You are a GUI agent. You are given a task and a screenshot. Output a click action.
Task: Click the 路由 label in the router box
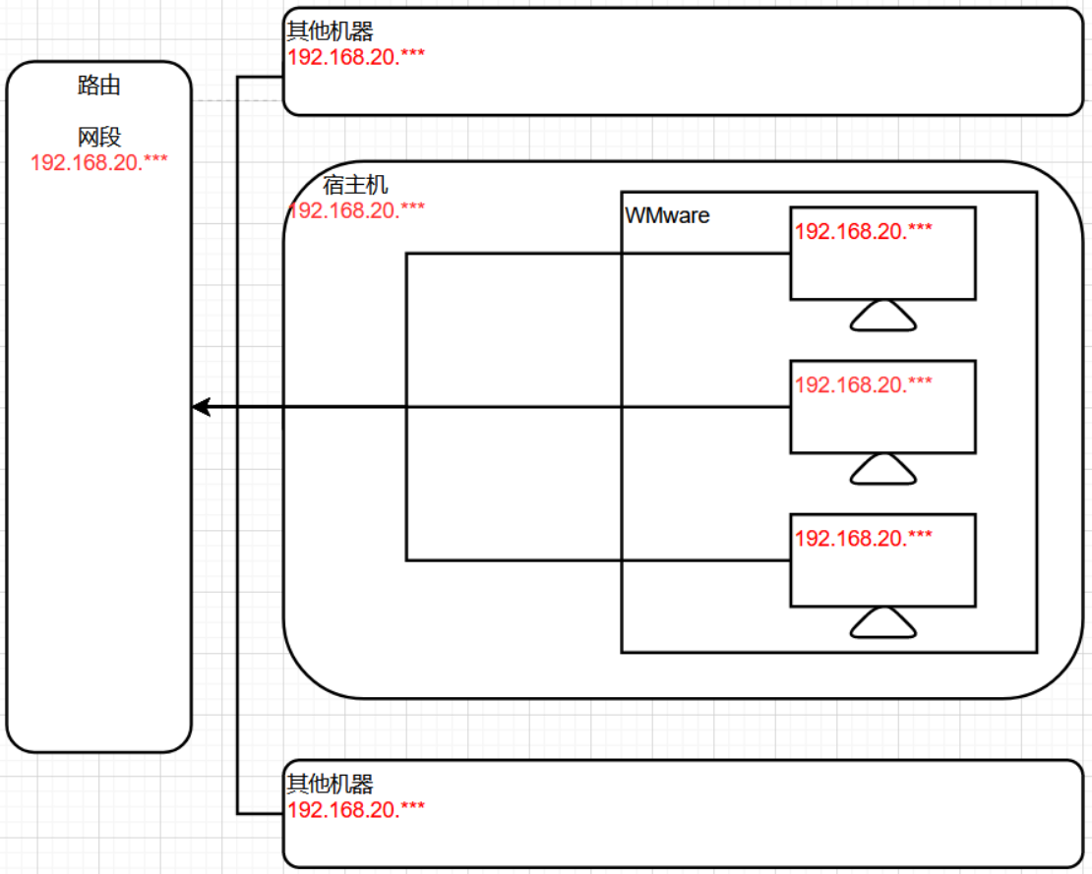pos(98,86)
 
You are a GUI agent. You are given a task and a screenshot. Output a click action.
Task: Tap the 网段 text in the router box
pos(98,137)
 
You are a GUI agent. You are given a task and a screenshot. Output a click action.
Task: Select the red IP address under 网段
pos(98,162)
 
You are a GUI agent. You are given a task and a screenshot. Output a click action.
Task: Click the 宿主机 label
pos(355,185)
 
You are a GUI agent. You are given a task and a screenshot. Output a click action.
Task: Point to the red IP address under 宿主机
pos(356,209)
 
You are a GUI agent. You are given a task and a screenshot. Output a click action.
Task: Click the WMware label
pos(667,215)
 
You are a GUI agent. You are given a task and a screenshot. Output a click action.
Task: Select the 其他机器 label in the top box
pos(330,31)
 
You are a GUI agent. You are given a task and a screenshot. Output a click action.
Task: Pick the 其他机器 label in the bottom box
pos(330,785)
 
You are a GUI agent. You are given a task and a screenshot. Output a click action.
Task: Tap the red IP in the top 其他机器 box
pos(356,56)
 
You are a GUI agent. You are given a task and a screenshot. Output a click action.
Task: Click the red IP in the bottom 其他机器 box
pos(356,809)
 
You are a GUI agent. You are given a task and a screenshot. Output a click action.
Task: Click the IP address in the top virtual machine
pos(863,231)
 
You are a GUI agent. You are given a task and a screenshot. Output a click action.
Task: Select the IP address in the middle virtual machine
pos(863,384)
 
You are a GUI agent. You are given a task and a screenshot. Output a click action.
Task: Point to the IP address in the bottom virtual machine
pos(863,538)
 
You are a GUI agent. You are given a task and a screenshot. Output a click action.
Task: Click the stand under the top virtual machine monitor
pos(882,317)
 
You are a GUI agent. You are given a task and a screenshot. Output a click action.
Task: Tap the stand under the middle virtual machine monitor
pos(882,470)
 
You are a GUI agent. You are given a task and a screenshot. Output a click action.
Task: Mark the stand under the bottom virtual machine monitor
pos(882,623)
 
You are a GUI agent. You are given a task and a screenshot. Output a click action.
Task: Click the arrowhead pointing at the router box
pos(202,407)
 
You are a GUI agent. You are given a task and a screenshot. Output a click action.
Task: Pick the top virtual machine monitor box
pos(882,265)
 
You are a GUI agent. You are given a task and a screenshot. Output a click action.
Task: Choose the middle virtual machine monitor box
pos(882,419)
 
